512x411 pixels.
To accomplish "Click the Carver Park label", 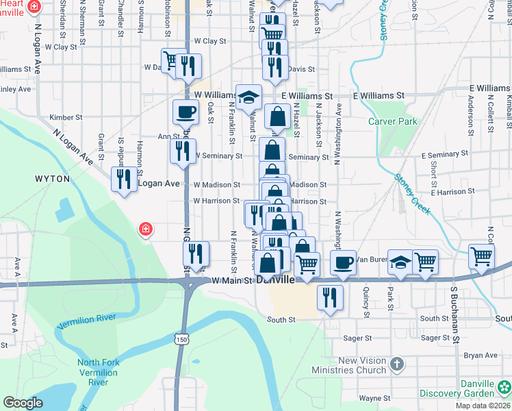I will click(393, 121).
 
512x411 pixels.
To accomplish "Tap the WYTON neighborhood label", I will click(52, 178).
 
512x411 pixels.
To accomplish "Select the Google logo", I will click(23, 403).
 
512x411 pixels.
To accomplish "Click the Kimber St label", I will click(66, 117).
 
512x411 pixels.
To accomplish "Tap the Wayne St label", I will click(374, 398).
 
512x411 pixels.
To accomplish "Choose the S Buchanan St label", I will click(453, 310).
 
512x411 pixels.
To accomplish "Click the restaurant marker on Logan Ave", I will click(124, 179).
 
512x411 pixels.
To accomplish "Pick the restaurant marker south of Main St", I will click(330, 297).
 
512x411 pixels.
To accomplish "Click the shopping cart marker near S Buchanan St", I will click(482, 256).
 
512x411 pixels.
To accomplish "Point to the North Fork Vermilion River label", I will click(97, 373).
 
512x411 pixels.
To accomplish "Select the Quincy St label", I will click(368, 298).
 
